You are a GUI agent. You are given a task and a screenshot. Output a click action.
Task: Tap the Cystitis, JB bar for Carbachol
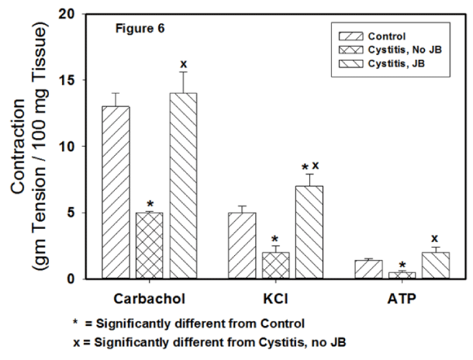[185, 186]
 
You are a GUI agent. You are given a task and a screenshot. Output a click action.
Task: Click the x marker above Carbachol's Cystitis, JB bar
[185, 64]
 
